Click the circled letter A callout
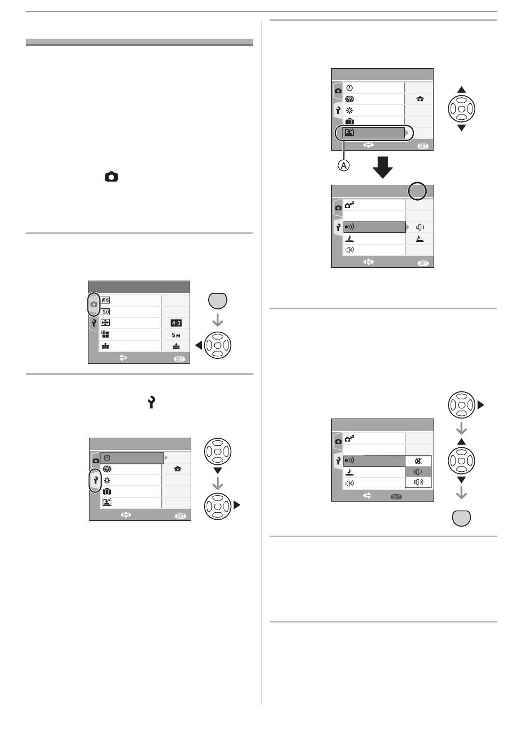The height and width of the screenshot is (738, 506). click(x=344, y=166)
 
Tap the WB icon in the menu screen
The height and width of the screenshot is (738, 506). click(x=105, y=300)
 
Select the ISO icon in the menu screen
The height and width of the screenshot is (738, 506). click(x=105, y=312)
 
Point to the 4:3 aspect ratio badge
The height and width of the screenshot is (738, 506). click(x=176, y=323)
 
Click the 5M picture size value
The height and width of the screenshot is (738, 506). click(x=176, y=335)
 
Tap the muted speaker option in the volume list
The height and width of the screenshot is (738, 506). click(x=418, y=461)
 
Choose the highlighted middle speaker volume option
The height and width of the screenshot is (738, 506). click(x=418, y=472)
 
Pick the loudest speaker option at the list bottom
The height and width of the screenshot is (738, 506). click(x=418, y=483)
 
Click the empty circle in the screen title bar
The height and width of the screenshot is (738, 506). click(x=417, y=192)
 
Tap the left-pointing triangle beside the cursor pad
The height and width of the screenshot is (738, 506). click(x=199, y=345)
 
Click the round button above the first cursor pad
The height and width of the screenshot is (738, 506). click(x=218, y=301)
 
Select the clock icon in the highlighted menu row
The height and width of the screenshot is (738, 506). click(x=107, y=458)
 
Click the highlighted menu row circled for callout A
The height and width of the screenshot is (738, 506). click(x=374, y=133)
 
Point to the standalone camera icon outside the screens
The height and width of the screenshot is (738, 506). click(x=111, y=177)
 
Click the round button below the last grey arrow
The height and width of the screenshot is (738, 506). click(x=461, y=518)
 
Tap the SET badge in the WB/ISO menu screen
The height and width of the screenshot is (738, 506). click(x=179, y=359)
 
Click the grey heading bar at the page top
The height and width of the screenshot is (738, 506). click(x=140, y=43)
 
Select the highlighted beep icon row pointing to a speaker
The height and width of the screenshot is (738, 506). click(x=374, y=227)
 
